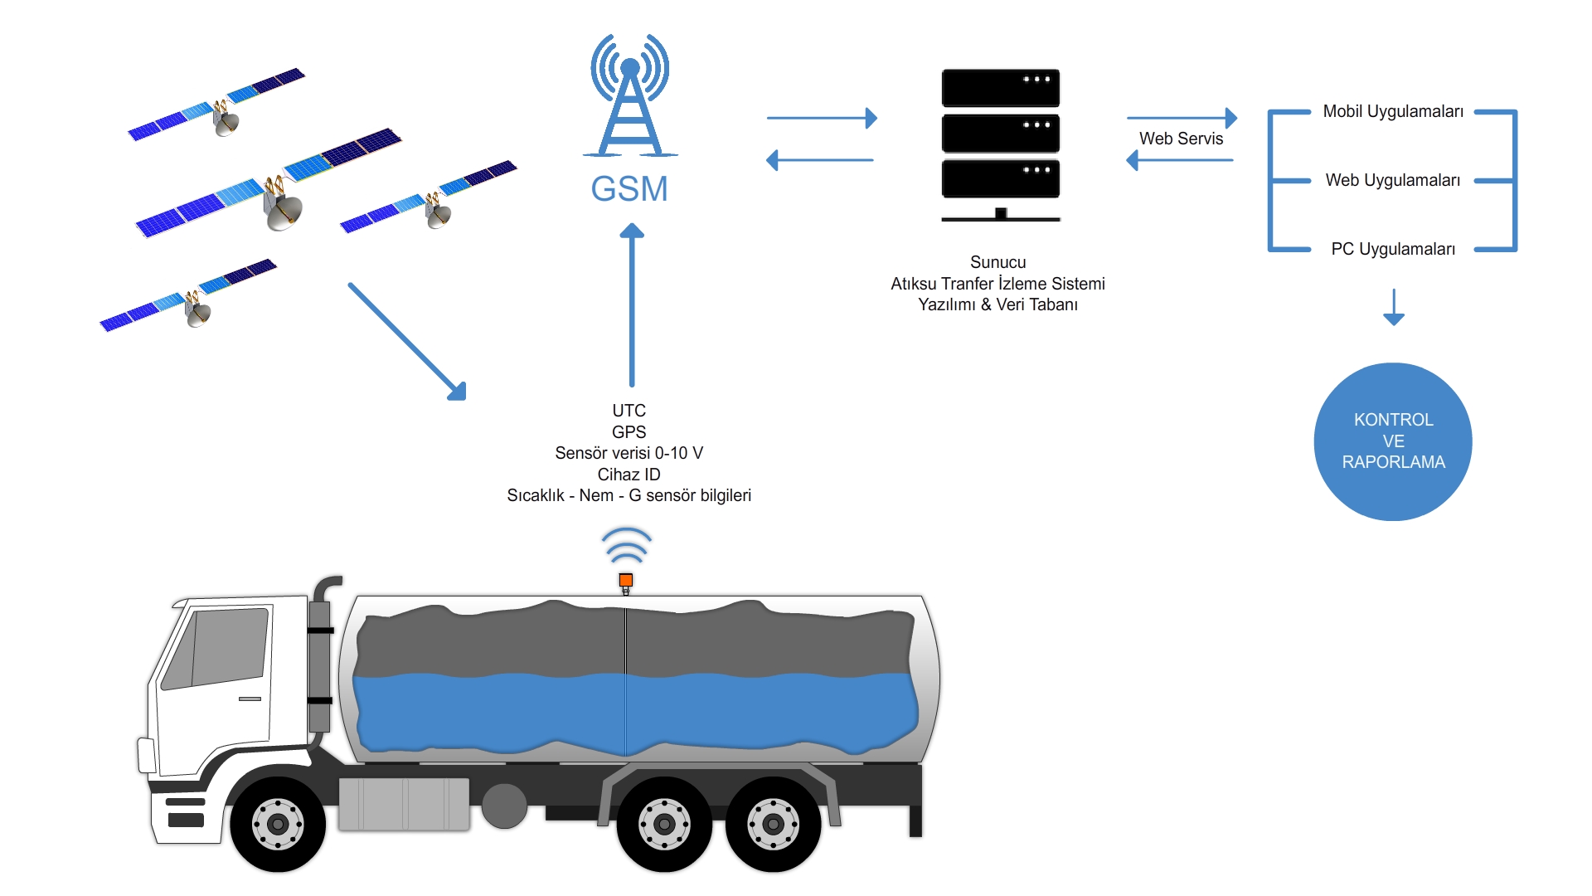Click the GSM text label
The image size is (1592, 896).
pyautogui.click(x=629, y=189)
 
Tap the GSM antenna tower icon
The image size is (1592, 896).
pyautogui.click(x=630, y=95)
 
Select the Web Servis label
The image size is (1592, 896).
pyautogui.click(x=1181, y=139)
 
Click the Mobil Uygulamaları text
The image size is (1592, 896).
pyautogui.click(x=1393, y=111)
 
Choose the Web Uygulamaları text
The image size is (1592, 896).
pyautogui.click(x=1393, y=180)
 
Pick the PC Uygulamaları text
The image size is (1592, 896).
pyautogui.click(x=1393, y=249)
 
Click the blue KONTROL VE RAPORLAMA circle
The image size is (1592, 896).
pyautogui.click(x=1393, y=441)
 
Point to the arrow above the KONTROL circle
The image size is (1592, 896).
pyautogui.click(x=1394, y=307)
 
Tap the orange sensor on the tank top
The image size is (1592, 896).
pyautogui.click(x=626, y=581)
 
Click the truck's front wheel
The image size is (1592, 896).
pyautogui.click(x=278, y=824)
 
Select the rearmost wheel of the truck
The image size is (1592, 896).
pyautogui.click(x=773, y=824)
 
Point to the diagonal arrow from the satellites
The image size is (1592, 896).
pyautogui.click(x=407, y=342)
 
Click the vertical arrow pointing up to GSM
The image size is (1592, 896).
pyautogui.click(x=632, y=305)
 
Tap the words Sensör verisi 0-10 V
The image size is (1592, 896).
pyautogui.click(x=629, y=453)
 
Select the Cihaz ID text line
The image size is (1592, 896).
pyautogui.click(x=629, y=475)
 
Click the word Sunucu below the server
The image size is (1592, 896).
pyautogui.click(x=998, y=262)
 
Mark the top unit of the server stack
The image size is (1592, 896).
pyautogui.click(x=1001, y=88)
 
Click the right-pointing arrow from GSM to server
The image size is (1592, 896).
pyautogui.click(x=822, y=118)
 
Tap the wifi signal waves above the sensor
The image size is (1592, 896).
pyautogui.click(x=627, y=545)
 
